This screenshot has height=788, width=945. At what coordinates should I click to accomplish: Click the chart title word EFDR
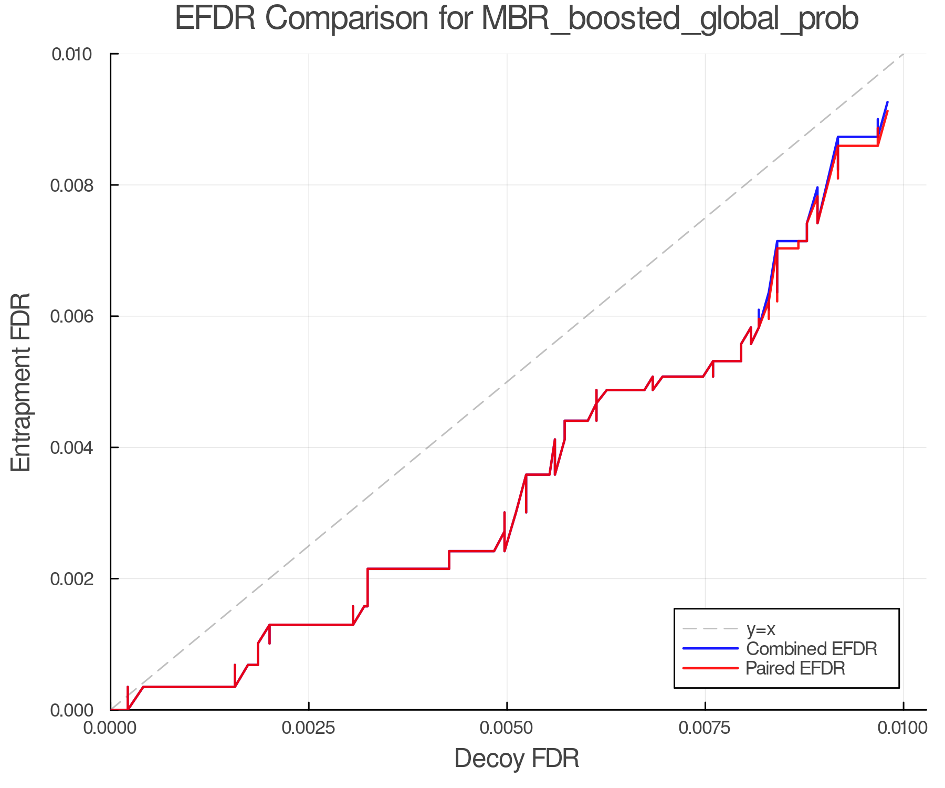click(x=215, y=18)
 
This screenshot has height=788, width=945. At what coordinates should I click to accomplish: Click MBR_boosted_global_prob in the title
click(x=669, y=19)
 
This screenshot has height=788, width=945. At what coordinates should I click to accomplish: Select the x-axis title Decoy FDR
click(x=517, y=759)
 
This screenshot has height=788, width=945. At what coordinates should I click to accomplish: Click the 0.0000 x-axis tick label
click(x=110, y=729)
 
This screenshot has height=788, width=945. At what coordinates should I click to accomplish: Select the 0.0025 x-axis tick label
click(x=309, y=729)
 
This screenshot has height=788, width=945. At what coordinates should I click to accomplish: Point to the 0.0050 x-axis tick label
click(x=507, y=729)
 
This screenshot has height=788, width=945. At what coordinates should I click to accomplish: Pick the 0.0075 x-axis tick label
click(x=705, y=729)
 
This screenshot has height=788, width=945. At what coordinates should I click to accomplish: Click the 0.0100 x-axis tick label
click(x=903, y=729)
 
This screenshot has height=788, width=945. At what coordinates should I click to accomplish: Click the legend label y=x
click(x=761, y=629)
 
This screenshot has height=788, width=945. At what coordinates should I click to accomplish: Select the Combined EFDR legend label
click(x=812, y=649)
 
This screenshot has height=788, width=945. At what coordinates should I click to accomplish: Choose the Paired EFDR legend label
click(x=795, y=668)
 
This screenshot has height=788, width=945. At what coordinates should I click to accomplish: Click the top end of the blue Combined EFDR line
click(x=887, y=102)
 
